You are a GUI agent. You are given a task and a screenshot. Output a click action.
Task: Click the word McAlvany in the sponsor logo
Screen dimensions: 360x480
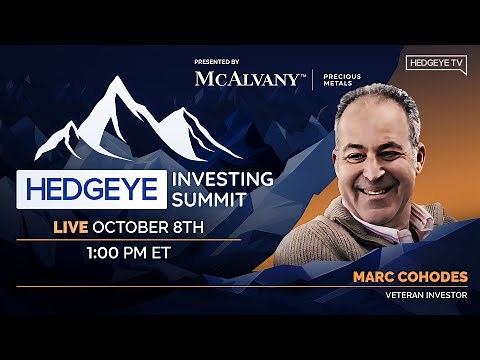246,79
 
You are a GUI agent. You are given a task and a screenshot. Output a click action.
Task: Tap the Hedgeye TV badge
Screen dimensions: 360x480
437,63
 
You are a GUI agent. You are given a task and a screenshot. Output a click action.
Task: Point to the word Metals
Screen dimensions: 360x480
341,85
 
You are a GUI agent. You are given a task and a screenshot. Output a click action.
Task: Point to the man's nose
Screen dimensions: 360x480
378,166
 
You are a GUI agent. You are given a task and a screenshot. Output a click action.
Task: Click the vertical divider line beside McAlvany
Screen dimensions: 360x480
313,79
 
